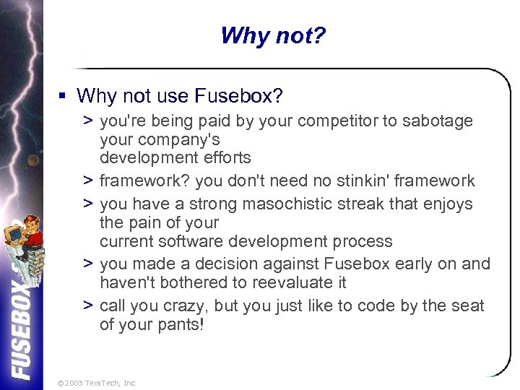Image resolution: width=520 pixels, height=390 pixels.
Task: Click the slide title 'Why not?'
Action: (273, 35)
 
